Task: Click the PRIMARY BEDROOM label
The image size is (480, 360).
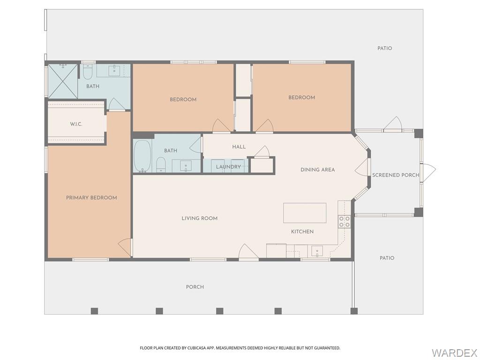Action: pyautogui.click(x=91, y=198)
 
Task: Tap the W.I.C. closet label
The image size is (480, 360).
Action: pyautogui.click(x=76, y=124)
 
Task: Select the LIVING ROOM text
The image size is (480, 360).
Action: pyautogui.click(x=200, y=218)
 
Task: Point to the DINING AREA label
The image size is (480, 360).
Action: pyautogui.click(x=318, y=170)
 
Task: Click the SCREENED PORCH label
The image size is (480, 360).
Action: pyautogui.click(x=396, y=175)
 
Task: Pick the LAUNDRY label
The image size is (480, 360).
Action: pyautogui.click(x=228, y=167)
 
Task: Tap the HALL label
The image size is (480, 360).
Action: pyautogui.click(x=239, y=147)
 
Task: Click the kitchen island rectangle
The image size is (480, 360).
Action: pyautogui.click(x=305, y=213)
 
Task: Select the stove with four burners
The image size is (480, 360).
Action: pyautogui.click(x=345, y=222)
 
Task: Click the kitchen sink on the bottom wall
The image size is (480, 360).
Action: pyautogui.click(x=317, y=251)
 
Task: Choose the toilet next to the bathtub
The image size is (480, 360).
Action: pyautogui.click(x=161, y=164)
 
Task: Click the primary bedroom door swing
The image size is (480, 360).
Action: pyautogui.click(x=125, y=247)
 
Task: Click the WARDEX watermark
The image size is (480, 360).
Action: pyautogui.click(x=454, y=352)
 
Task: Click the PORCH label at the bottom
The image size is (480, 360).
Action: pyautogui.click(x=195, y=287)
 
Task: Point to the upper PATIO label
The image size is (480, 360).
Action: pyautogui.click(x=385, y=48)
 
